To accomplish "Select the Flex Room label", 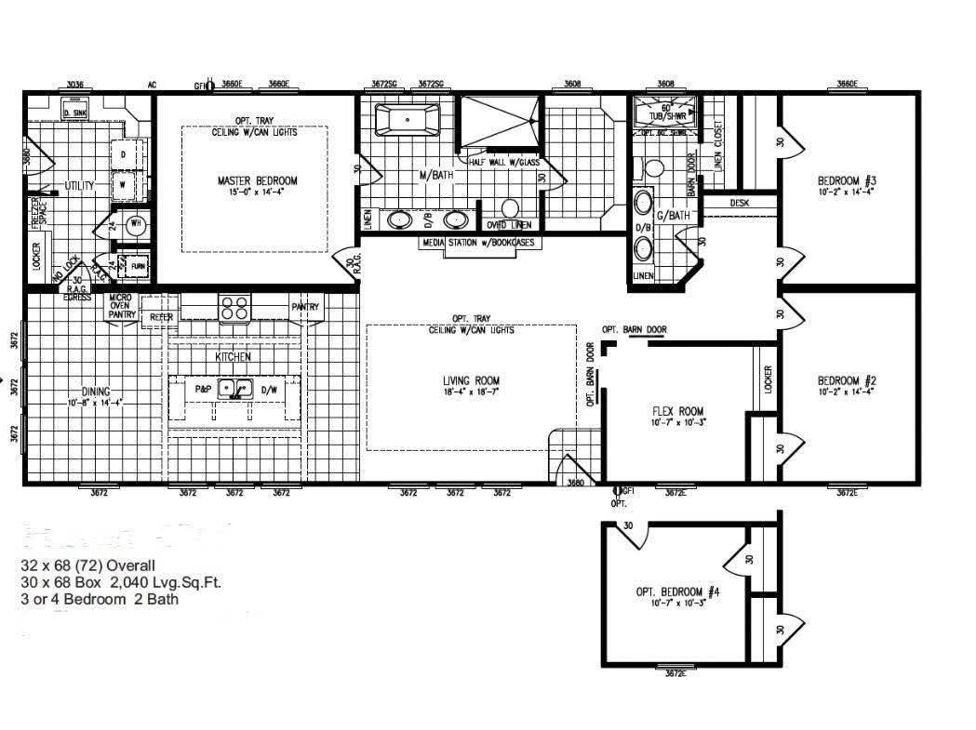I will tap(677, 411).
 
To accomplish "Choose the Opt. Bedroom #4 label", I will tap(677, 591).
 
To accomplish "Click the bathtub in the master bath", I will tap(407, 120).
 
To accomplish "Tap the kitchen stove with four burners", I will tap(234, 307).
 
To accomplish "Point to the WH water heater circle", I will tap(135, 223).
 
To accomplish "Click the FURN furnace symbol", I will tap(139, 265).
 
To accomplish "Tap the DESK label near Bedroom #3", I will tap(740, 203).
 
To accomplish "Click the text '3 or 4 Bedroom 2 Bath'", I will tap(100, 599).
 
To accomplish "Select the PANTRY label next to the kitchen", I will tap(305, 307).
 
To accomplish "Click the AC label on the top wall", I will tap(152, 85).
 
